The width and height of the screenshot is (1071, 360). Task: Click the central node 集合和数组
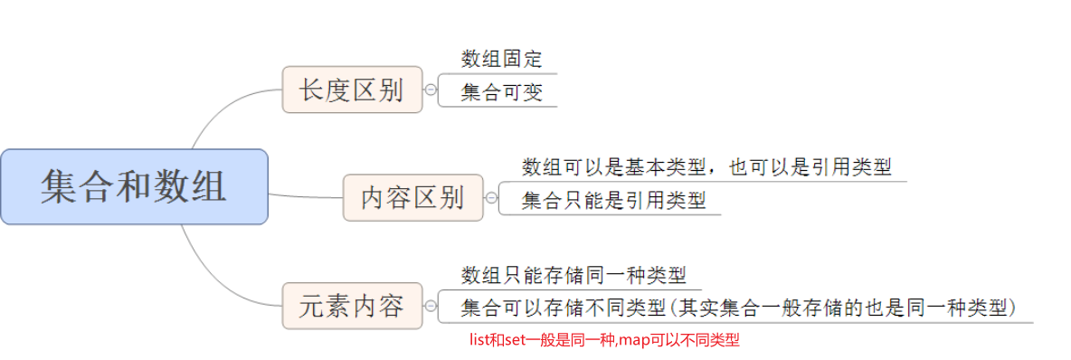(134, 186)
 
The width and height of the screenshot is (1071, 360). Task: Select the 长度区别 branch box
(352, 90)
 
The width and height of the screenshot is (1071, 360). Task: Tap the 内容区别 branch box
(412, 197)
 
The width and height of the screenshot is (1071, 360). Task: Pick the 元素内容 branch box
(352, 306)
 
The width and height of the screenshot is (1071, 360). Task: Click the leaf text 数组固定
(501, 60)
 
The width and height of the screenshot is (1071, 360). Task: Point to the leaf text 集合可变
(501, 92)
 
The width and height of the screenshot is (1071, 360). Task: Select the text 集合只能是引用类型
(613, 200)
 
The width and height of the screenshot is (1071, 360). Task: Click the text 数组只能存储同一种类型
(573, 275)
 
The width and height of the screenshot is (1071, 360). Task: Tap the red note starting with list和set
(604, 341)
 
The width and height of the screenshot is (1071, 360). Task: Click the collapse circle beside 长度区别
(431, 90)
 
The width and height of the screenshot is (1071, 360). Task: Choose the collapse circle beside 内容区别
(491, 197)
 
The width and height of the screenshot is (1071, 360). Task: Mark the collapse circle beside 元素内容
(431, 306)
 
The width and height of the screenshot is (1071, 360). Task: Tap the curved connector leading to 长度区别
(217, 112)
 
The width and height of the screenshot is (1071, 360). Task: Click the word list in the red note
(477, 341)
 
